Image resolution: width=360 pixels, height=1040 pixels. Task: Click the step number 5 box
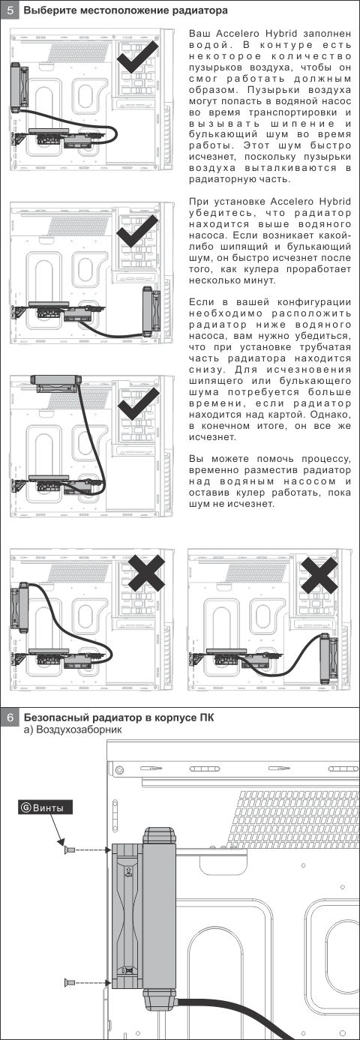[x=10, y=10]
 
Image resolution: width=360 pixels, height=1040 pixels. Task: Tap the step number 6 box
[x=10, y=718]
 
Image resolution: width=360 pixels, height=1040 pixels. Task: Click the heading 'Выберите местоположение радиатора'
[x=125, y=10]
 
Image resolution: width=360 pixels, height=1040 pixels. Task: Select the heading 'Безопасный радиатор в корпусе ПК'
[x=119, y=718]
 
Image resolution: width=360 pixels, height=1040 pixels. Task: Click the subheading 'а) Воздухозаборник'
[x=73, y=730]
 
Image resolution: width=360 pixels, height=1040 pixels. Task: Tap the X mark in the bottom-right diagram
[x=319, y=575]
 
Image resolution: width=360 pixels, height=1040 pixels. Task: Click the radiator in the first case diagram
[x=19, y=87]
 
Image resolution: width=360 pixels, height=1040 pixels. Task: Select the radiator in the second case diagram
[x=151, y=311]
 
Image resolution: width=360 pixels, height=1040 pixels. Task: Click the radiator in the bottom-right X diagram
[x=328, y=659]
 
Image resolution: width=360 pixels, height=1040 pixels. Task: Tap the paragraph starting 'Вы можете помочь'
[x=270, y=481]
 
